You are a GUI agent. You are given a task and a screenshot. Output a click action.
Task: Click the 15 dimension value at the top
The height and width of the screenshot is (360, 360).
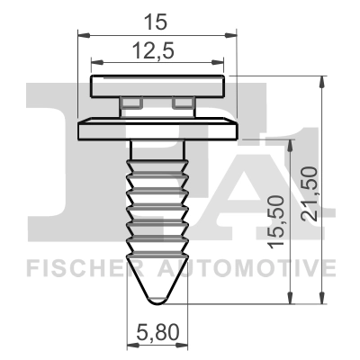[x=159, y=17]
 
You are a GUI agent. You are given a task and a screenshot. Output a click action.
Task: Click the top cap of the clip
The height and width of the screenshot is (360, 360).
[x=158, y=86]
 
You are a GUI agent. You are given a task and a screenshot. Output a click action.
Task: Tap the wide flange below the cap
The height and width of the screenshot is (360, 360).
[x=158, y=130]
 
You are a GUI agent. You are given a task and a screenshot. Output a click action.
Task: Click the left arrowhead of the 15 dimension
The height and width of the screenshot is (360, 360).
[x=82, y=35]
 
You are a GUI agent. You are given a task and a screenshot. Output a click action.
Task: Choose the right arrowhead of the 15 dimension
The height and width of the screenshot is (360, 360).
[x=237, y=35]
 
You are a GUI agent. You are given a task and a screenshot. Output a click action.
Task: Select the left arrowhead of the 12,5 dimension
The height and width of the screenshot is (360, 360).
[x=96, y=63]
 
